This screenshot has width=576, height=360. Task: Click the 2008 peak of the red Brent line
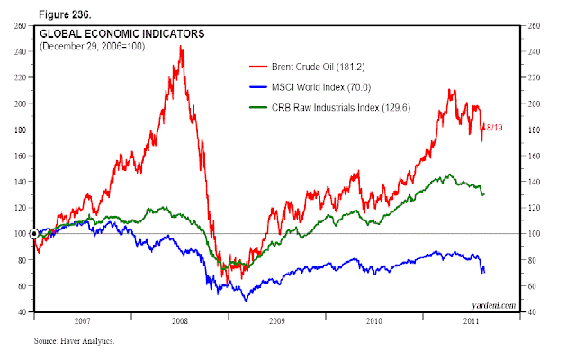182,47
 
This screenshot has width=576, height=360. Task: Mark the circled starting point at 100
34,234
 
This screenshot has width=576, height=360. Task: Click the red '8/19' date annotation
495,128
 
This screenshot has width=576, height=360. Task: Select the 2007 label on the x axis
83,320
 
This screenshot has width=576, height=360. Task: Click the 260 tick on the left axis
19,25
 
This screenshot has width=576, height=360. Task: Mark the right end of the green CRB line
484,193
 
